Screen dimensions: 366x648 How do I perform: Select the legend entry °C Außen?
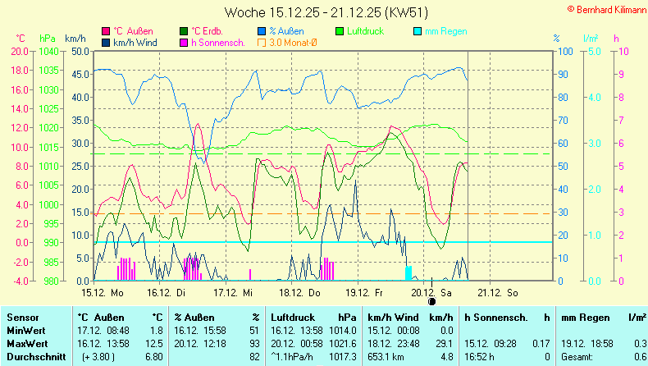click(x=132, y=31)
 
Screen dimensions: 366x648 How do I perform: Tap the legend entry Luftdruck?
click(x=365, y=31)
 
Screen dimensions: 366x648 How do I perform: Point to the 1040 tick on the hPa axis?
click(x=48, y=51)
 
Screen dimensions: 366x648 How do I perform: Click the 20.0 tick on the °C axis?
click(x=20, y=51)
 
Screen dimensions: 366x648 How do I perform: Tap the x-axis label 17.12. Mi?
click(x=234, y=292)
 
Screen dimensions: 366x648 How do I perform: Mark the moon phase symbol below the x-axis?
click(x=432, y=300)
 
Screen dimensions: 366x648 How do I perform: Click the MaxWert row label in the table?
click(x=27, y=343)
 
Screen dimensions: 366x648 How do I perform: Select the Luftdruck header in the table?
click(x=293, y=317)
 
